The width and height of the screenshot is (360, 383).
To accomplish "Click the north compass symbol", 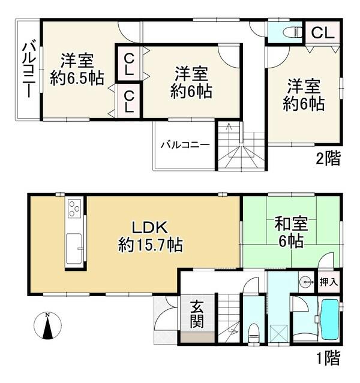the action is (47, 325).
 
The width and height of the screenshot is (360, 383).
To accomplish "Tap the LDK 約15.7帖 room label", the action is (150, 236).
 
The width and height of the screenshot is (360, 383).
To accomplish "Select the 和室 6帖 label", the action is (291, 232).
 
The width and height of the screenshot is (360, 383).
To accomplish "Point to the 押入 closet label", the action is (329, 282).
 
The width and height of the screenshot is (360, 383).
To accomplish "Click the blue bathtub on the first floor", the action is (329, 319).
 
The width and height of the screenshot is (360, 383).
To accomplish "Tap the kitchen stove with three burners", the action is (74, 209).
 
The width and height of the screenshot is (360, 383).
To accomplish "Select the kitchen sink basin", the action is (74, 249).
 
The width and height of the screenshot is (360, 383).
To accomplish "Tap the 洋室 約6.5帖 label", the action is (77, 70).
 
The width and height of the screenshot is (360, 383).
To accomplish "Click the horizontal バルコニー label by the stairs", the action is (185, 145).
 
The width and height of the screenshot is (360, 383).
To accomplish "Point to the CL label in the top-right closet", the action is (323, 33).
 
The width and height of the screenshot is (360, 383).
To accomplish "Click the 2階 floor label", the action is (328, 159).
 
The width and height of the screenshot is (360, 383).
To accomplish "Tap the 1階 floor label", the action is (328, 358).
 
